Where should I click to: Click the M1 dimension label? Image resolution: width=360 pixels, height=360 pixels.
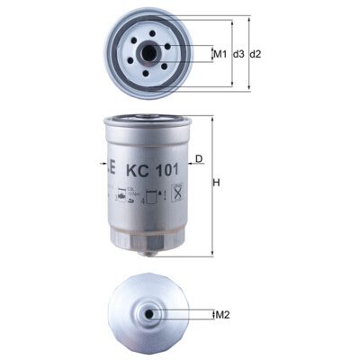pyautogui.click(x=219, y=55)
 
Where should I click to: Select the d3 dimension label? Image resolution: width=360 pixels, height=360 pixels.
pyautogui.click(x=238, y=55)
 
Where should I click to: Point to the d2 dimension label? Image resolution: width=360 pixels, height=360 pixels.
pyautogui.click(x=256, y=55)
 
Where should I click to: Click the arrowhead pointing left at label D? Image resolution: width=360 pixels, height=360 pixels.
pyautogui.click(x=187, y=167)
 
